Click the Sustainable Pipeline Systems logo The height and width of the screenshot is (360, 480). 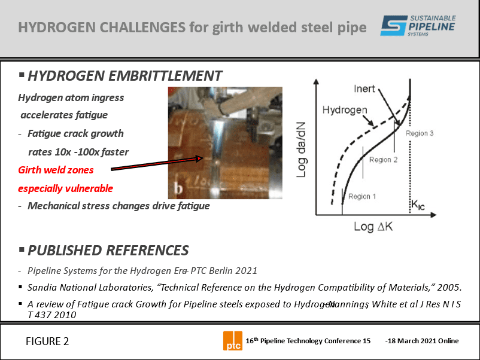tap(417, 27)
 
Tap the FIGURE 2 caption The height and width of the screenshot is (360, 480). tap(47, 341)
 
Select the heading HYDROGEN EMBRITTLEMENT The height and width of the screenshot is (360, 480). tap(124, 76)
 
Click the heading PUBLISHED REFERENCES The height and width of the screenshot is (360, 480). tap(108, 250)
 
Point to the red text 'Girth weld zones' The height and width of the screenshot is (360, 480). tap(56, 170)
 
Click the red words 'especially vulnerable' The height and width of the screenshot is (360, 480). tap(65, 188)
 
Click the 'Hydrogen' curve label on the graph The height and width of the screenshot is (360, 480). tap(344, 110)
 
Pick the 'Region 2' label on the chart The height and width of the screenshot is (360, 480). tap(384, 160)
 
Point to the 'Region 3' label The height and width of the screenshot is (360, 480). tap(420, 133)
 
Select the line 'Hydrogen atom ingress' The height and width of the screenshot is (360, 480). tap(71, 97)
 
